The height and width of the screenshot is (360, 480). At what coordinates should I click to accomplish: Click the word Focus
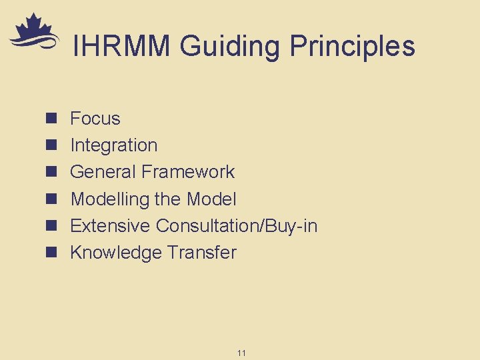95,119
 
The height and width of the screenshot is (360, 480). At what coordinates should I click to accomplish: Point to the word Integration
113,145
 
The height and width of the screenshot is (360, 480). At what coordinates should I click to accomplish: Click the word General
103,172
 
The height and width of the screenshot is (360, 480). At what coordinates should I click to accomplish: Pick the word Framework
188,172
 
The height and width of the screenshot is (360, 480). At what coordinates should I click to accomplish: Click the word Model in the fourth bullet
211,199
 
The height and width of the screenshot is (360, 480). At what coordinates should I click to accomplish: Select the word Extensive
110,225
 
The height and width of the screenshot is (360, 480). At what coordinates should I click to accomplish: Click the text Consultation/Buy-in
237,225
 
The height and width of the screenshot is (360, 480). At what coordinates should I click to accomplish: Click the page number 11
241,352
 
